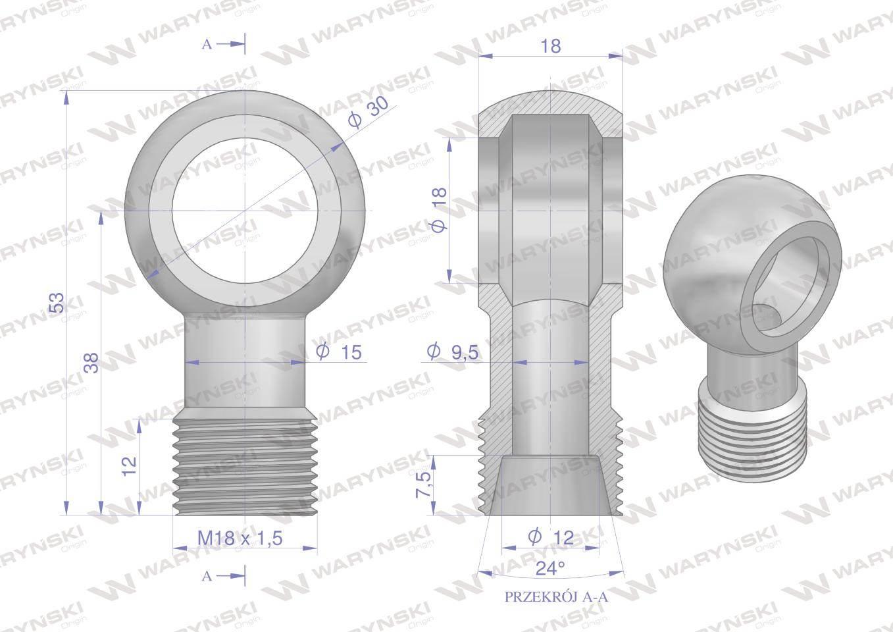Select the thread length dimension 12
(130, 466)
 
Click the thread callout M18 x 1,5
(240, 539)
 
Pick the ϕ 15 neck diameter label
(338, 352)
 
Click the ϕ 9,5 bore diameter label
(452, 352)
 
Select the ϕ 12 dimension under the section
(551, 537)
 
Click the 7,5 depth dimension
(423, 485)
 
